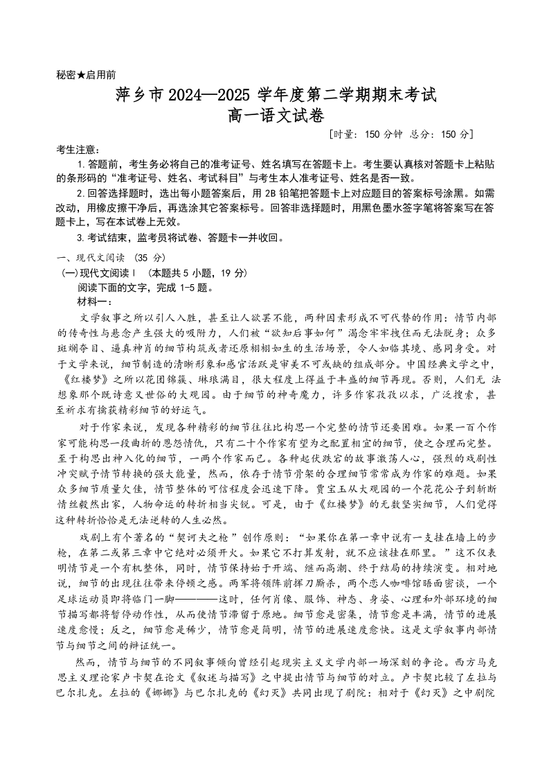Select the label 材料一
coord(95,302)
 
